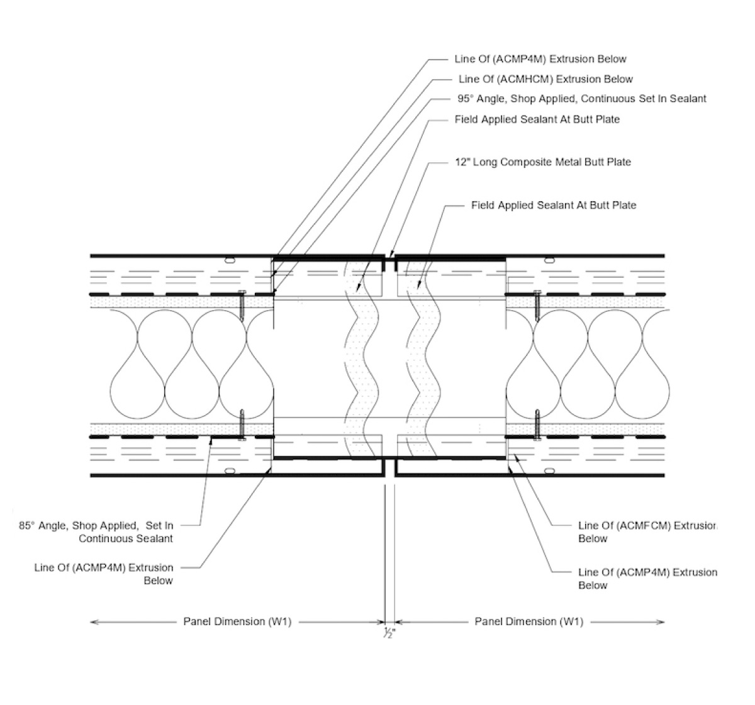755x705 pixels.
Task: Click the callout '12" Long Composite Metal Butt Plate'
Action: (x=542, y=162)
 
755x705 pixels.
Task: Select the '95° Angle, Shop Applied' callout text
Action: (x=581, y=99)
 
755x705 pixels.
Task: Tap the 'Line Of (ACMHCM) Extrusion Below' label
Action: (x=545, y=79)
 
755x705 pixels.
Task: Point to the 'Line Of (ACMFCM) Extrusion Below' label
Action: (x=647, y=532)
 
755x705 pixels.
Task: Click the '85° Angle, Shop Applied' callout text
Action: (x=96, y=526)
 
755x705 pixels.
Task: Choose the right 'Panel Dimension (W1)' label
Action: (x=528, y=622)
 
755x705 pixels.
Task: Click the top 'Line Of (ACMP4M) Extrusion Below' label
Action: (x=540, y=59)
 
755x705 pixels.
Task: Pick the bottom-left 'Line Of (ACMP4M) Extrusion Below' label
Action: (x=104, y=574)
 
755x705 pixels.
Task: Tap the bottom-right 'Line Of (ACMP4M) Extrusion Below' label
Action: (x=647, y=579)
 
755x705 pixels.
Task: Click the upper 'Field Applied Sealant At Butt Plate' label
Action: (x=537, y=119)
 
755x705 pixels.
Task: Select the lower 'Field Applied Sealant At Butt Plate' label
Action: (x=554, y=205)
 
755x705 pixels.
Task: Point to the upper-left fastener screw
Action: (x=242, y=306)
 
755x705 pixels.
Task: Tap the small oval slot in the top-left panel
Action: (x=230, y=259)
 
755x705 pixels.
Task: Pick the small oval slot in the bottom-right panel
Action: (x=551, y=470)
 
